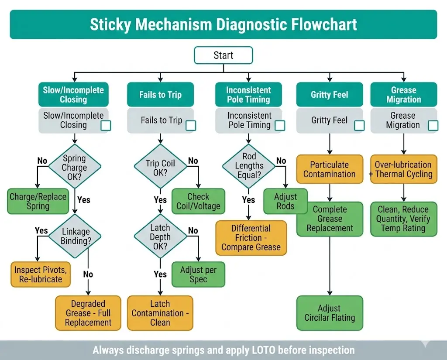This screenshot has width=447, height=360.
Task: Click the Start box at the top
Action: (x=223, y=55)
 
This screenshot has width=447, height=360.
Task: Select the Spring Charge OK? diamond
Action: (x=74, y=168)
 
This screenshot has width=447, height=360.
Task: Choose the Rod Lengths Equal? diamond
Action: (x=249, y=166)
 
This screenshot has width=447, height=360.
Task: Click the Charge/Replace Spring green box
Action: (x=38, y=201)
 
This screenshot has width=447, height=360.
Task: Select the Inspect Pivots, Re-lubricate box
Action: (x=41, y=274)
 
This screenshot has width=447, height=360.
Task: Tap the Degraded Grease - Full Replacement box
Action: (x=88, y=313)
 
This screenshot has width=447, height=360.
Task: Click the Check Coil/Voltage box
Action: (x=198, y=201)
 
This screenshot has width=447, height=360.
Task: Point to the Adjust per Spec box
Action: (x=198, y=274)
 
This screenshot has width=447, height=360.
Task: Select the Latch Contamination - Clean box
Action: (x=160, y=313)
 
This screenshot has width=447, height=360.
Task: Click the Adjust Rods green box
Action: (x=285, y=201)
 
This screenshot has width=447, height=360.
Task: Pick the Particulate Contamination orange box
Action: (x=330, y=169)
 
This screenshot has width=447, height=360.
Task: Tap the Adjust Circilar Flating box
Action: (x=330, y=313)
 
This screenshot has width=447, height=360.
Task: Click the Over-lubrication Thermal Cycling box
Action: (x=403, y=169)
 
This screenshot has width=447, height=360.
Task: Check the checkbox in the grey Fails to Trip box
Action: (x=191, y=126)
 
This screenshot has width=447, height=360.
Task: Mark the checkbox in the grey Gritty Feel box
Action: (x=359, y=126)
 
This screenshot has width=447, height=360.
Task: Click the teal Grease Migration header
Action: (x=403, y=95)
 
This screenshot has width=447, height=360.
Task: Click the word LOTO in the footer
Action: (x=263, y=350)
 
